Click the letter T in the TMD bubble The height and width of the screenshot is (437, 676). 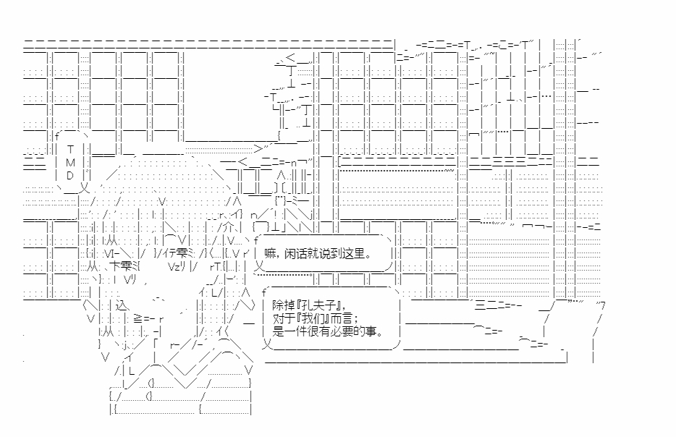click(70, 149)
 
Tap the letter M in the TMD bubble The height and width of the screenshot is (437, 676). click(70, 163)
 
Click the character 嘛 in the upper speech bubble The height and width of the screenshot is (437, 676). click(270, 253)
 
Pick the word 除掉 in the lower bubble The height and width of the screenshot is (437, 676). click(284, 305)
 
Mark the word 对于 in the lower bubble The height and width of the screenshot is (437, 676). click(284, 318)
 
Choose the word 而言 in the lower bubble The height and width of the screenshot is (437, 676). click(342, 318)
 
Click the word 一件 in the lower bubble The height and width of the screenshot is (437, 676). click(295, 331)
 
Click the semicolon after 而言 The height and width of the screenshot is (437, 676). click(356, 319)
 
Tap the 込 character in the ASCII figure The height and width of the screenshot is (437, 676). click(122, 305)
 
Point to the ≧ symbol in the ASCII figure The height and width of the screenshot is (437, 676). click(138, 319)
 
